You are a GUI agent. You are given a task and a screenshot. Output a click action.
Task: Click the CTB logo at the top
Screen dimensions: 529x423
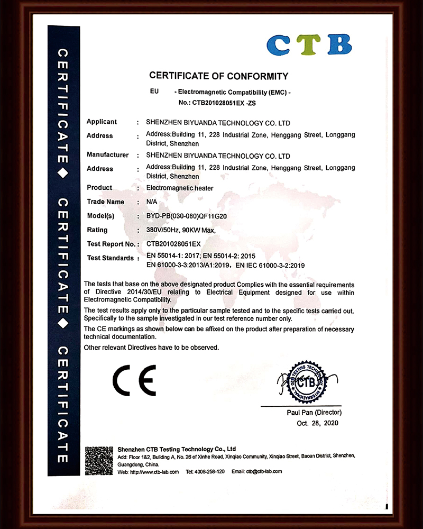click(x=309, y=44)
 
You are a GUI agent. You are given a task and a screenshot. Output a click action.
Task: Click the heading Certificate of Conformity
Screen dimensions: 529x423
click(x=219, y=76)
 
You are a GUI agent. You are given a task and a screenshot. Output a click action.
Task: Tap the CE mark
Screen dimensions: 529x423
click(x=134, y=380)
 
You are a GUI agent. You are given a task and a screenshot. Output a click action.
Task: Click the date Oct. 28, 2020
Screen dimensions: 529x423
click(x=317, y=423)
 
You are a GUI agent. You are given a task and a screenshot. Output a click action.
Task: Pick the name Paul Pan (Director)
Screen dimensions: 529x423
click(x=314, y=412)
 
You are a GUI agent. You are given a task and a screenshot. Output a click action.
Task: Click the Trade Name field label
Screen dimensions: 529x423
click(x=106, y=202)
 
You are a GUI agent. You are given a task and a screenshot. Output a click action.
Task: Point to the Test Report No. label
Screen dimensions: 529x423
click(x=111, y=244)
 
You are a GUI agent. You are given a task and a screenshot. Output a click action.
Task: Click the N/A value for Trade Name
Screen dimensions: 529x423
click(x=152, y=202)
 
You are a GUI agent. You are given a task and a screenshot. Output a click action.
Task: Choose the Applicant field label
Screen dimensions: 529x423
click(x=102, y=122)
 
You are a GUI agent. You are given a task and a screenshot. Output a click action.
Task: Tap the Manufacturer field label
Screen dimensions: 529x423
click(x=107, y=155)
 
